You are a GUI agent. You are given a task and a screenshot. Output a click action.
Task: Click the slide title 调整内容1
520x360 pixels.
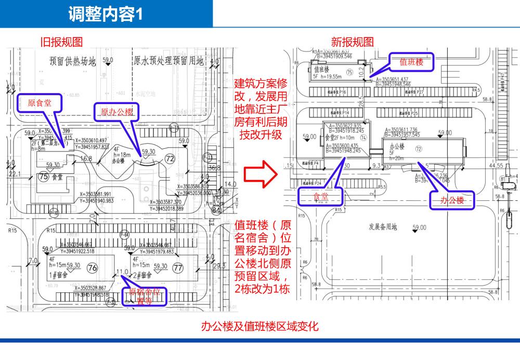tap(105, 15)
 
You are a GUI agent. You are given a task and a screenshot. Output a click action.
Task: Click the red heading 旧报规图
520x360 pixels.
tap(61, 42)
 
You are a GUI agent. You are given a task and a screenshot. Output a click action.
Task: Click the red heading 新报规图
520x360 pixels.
tap(352, 42)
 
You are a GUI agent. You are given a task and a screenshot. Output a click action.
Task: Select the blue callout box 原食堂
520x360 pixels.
tap(40, 102)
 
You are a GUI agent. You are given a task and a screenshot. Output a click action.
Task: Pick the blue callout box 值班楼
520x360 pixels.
tap(411, 61)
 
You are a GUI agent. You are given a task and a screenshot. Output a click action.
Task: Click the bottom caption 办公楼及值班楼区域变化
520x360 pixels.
tap(259, 326)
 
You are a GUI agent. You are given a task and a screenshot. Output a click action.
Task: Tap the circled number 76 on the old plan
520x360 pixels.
tap(93, 268)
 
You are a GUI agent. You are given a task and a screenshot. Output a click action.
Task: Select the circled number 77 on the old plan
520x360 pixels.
tap(178, 268)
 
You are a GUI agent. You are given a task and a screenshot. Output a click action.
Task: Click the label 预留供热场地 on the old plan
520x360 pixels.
tap(73, 61)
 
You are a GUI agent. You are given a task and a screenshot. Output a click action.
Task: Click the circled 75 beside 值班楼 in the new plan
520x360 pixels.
tap(349, 72)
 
